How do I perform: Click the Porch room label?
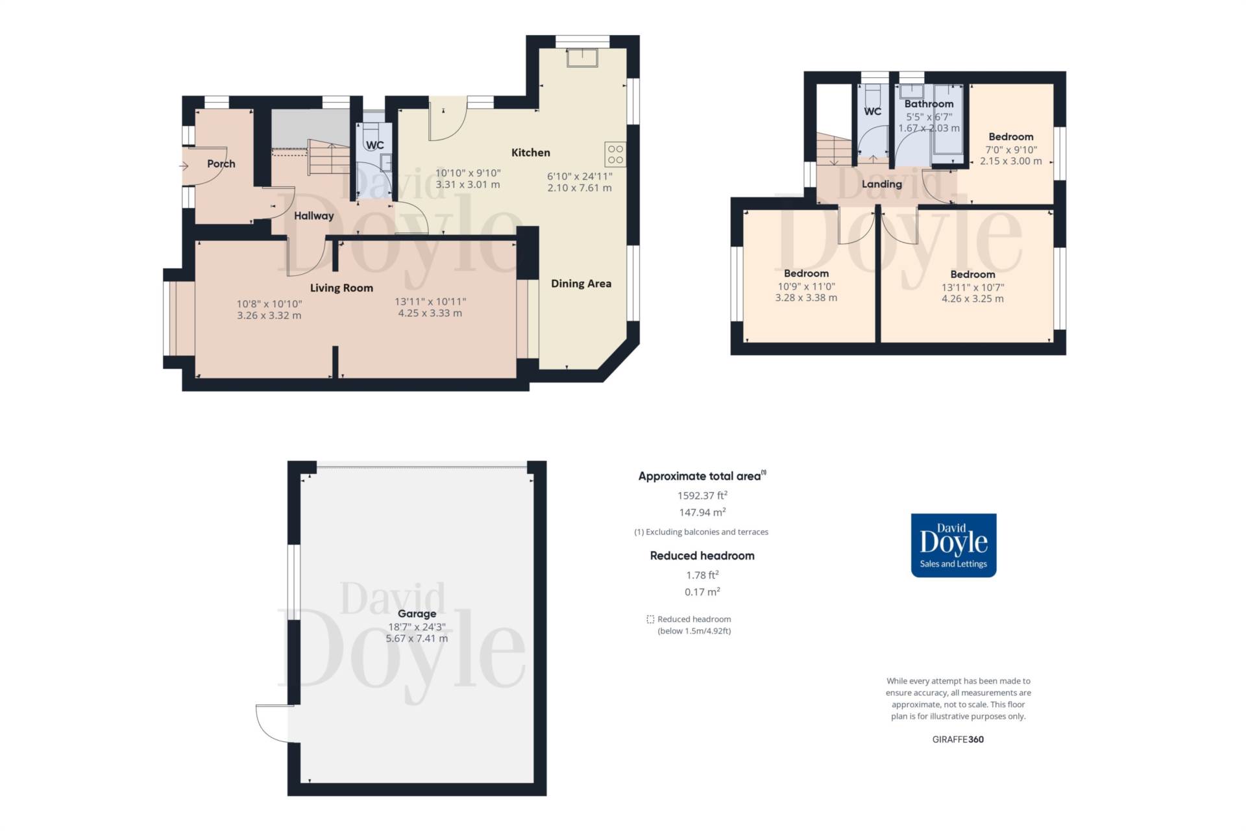tap(221, 164)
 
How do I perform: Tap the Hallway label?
tap(313, 216)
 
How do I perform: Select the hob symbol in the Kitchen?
tap(615, 155)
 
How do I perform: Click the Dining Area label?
tap(581, 283)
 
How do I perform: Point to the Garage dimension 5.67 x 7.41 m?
tap(417, 638)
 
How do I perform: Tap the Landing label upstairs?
tap(881, 184)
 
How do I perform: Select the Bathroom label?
tap(929, 104)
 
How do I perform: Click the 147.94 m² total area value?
tap(702, 512)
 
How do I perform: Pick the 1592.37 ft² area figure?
tap(702, 495)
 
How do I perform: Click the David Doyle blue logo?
tap(953, 545)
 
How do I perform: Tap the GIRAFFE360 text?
tap(958, 739)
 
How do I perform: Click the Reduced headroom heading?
tap(702, 556)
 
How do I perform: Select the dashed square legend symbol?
tap(650, 619)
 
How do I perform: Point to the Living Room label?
tap(341, 288)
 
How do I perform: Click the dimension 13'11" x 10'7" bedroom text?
tap(972, 287)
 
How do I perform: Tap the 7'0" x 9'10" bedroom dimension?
tap(1010, 149)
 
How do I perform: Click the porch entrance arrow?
tap(184, 166)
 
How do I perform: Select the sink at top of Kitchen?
tap(582, 57)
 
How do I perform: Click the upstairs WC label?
tap(872, 111)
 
